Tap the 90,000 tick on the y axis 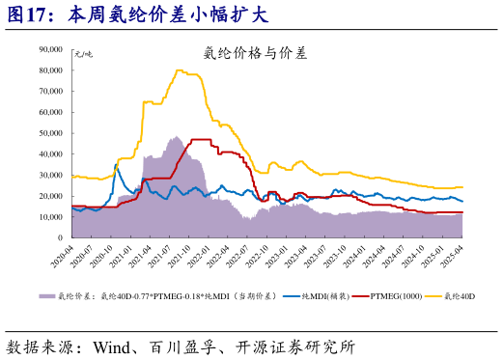(48, 49)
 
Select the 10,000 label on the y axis (48, 217)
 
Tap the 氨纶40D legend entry (460, 295)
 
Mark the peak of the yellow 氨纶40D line (180, 69)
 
